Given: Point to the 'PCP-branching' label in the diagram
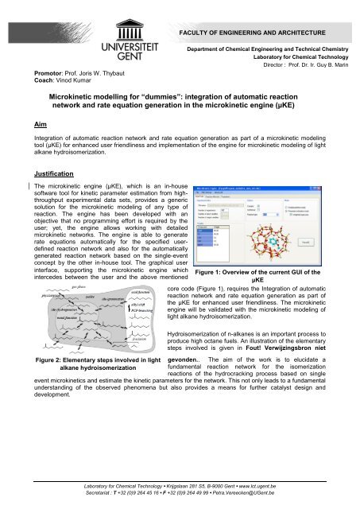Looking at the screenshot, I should click(x=140, y=309).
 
